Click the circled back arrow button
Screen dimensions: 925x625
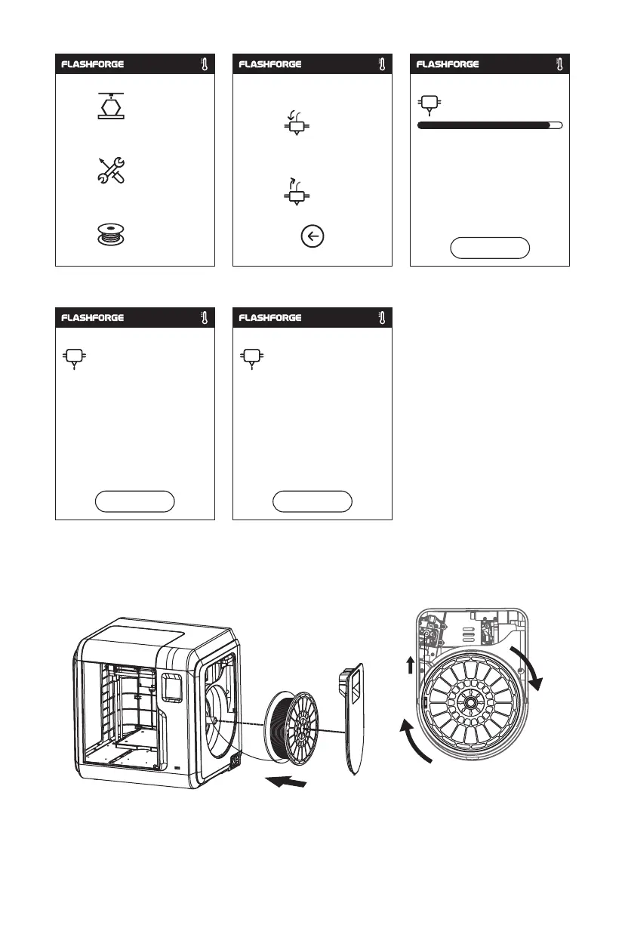pos(312,236)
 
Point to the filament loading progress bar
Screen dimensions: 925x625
pos(489,125)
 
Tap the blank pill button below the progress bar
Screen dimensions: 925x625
pos(489,248)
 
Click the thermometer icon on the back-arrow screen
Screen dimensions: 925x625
pos(381,65)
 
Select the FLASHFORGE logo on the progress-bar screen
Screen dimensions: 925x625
pos(448,65)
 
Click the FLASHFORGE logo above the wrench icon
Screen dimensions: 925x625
pos(92,65)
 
